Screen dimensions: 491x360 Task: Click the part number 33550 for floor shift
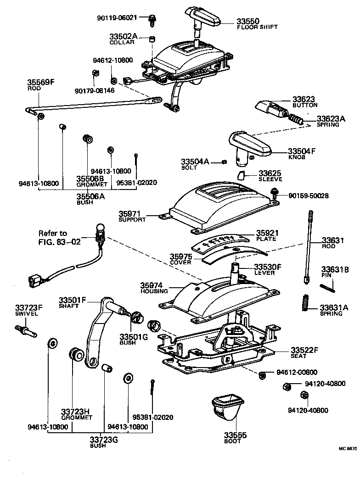click(248, 21)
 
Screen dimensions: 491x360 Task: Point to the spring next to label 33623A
click(297, 120)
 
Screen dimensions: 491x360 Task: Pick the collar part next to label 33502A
click(152, 38)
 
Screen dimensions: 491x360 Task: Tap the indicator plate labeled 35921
click(221, 240)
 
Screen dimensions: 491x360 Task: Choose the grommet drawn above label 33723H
click(75, 355)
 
